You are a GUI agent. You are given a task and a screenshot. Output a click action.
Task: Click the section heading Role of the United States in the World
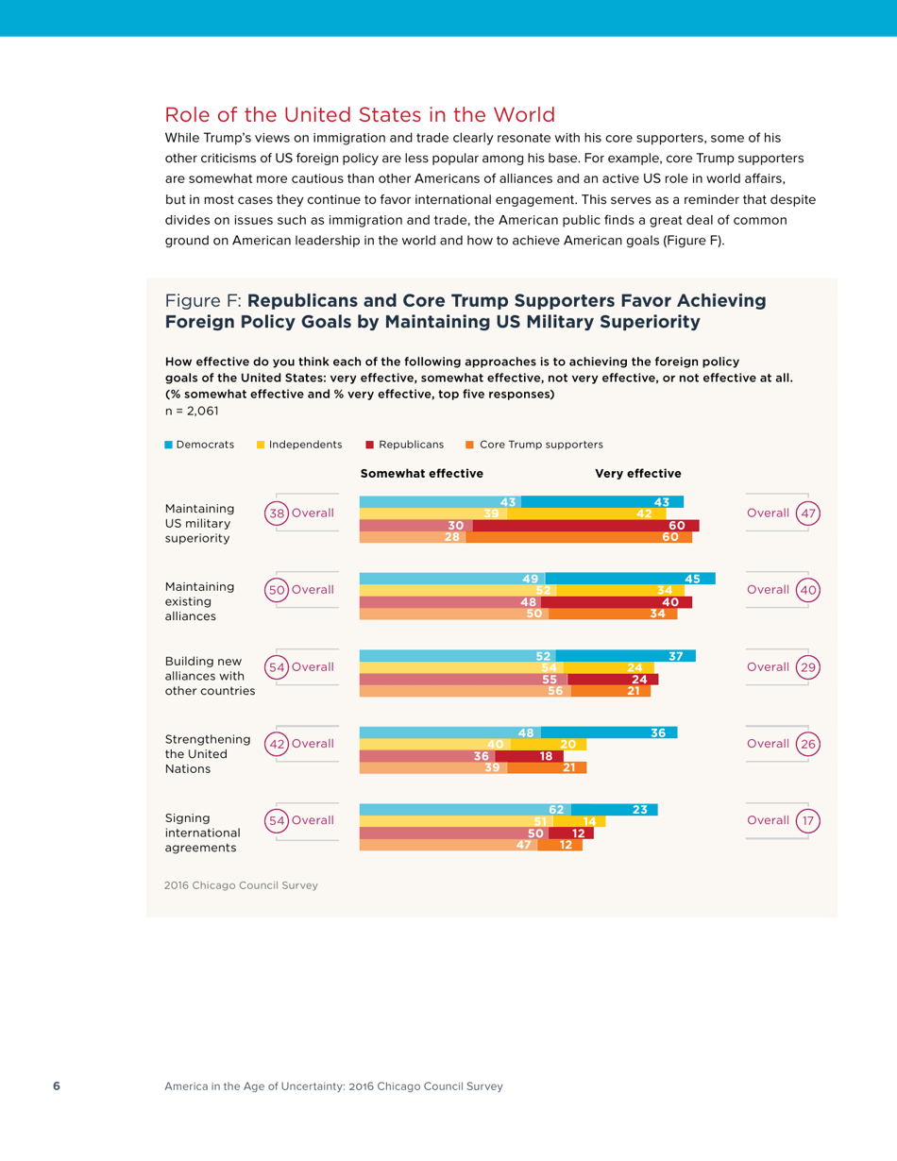tap(360, 115)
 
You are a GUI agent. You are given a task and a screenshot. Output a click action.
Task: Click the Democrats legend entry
tap(200, 445)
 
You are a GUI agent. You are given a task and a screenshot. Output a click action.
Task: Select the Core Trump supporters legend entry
tap(533, 445)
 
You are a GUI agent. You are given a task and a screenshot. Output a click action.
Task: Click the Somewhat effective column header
tap(422, 473)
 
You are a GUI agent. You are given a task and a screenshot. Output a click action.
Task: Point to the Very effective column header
tap(638, 473)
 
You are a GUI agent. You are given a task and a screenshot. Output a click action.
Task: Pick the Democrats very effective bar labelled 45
tap(630, 579)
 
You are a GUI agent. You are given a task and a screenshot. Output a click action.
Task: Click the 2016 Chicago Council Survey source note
tap(241, 885)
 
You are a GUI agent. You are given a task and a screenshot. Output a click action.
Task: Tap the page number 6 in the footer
tap(56, 1086)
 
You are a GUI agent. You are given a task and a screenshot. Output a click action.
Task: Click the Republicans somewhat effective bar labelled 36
tap(428, 756)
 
